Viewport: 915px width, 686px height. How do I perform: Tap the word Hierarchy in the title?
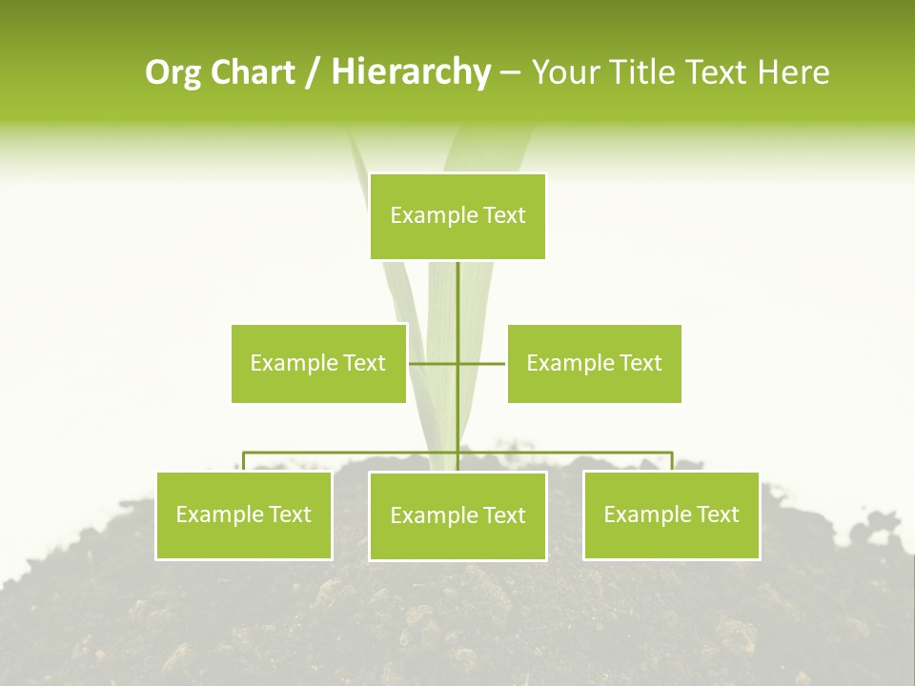[410, 72]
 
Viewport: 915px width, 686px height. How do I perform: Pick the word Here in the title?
[794, 72]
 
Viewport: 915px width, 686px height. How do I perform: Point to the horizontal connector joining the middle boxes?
[481, 363]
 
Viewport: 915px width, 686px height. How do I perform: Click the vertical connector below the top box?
[458, 295]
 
